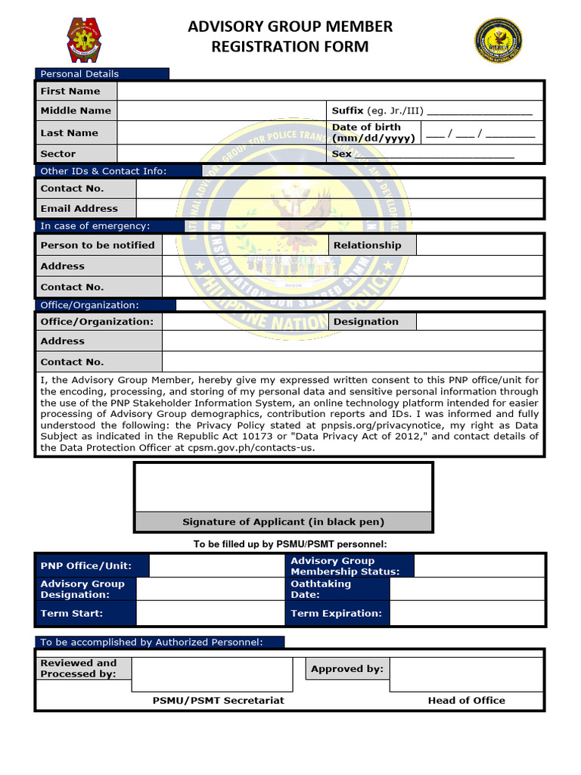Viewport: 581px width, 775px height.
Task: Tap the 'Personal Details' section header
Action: (x=79, y=73)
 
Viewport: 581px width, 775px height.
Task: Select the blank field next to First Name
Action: (x=329, y=91)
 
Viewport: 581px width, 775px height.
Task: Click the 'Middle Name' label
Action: (x=76, y=110)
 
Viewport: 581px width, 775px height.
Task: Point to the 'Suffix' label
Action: (x=348, y=110)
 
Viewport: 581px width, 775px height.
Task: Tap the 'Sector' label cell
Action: (x=58, y=154)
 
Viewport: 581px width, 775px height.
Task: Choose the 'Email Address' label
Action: (x=79, y=208)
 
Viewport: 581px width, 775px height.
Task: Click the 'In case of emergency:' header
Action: (x=95, y=226)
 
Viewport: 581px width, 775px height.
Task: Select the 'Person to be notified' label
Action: (x=98, y=245)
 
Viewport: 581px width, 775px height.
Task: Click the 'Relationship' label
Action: (x=368, y=245)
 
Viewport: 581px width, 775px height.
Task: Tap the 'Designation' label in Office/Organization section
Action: (x=366, y=322)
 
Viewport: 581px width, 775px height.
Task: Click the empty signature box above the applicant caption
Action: (x=283, y=487)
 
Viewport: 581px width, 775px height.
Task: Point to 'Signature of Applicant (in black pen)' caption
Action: (x=283, y=521)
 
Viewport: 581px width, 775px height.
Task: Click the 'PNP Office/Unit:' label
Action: (x=86, y=565)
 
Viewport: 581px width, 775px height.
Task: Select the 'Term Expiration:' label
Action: (x=337, y=613)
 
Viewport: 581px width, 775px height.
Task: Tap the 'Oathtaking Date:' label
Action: (x=321, y=589)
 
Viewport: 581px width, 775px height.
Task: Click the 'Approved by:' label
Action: (x=347, y=668)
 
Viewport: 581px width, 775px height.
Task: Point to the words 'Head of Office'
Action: (x=466, y=700)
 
